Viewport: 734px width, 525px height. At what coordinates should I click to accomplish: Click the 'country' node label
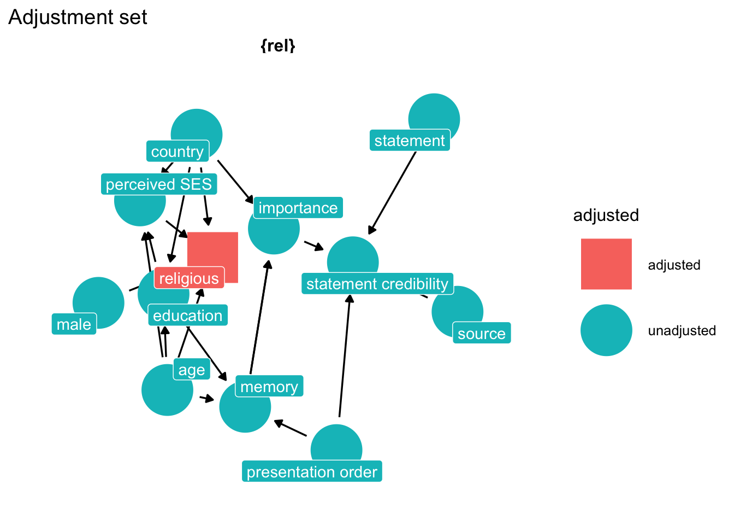pos(177,151)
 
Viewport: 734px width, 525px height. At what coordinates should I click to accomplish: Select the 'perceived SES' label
pos(159,184)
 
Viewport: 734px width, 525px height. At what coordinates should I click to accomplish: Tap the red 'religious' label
pos(189,278)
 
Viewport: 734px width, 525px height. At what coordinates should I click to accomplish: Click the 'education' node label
pos(188,316)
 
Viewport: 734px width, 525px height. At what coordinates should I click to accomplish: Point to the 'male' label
pos(74,324)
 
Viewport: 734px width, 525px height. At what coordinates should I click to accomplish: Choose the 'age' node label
pos(192,370)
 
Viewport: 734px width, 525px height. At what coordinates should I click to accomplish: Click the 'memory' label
pos(269,387)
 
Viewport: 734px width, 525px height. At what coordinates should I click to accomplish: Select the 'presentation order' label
pos(312,472)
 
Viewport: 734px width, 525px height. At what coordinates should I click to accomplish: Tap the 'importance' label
pos(298,208)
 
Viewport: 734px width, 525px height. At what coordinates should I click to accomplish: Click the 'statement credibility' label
pos(377,284)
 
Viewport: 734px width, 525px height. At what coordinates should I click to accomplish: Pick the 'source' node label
pos(482,334)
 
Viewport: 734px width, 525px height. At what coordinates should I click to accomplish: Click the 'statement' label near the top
pos(410,141)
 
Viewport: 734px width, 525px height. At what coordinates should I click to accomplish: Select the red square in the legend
pos(606,264)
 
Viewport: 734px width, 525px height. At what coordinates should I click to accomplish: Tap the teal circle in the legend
pos(606,330)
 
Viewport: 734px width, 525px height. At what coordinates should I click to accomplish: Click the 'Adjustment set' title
pos(78,17)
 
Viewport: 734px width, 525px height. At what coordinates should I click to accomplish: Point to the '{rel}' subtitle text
pos(278,46)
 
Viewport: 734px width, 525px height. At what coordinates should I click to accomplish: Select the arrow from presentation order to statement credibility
pos(345,355)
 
